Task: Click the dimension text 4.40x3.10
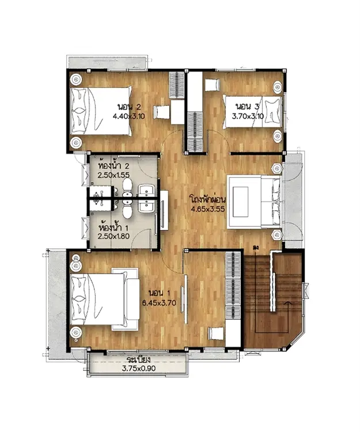pyautogui.click(x=128, y=116)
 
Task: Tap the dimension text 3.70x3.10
pyautogui.click(x=248, y=116)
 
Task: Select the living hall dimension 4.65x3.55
pyautogui.click(x=208, y=209)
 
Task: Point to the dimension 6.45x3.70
pyautogui.click(x=159, y=303)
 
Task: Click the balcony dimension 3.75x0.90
pyautogui.click(x=139, y=369)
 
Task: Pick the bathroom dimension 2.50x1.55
pyautogui.click(x=113, y=175)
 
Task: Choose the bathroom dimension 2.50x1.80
pyautogui.click(x=113, y=236)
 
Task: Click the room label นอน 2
pyautogui.click(x=129, y=107)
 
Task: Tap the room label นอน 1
pyautogui.click(x=160, y=293)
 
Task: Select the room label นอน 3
pyautogui.click(x=247, y=107)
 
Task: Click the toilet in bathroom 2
pyautogui.click(x=127, y=187)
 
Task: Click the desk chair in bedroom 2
pyautogui.click(x=161, y=113)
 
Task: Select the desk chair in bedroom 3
pyautogui.click(x=213, y=85)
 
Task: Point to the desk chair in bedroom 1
pyautogui.click(x=216, y=334)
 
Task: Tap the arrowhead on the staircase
pyautogui.click(x=288, y=303)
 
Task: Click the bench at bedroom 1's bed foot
pyautogui.click(x=132, y=298)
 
